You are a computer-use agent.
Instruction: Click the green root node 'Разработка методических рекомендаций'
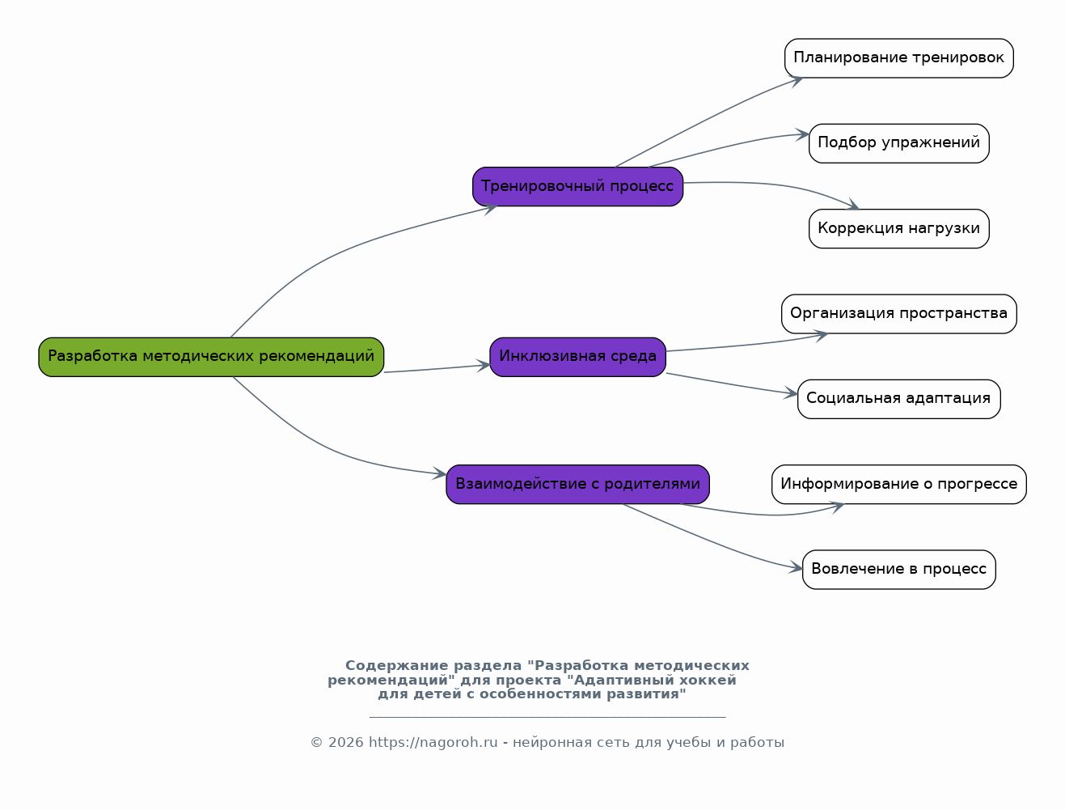[211, 357]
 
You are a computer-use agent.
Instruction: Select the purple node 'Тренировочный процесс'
[577, 187]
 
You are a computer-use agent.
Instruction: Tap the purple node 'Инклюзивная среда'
[577, 357]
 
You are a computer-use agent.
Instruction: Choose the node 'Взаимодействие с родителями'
[577, 485]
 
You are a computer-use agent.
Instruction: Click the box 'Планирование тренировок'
[898, 58]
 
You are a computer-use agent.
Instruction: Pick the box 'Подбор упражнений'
[898, 143]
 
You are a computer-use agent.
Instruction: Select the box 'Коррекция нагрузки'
[898, 229]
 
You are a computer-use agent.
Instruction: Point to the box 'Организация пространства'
[898, 314]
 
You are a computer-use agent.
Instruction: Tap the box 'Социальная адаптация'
[898, 399]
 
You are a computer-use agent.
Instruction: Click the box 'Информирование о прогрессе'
[898, 485]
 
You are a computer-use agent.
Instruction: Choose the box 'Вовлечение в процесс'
[898, 570]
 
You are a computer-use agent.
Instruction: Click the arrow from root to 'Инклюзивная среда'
[437, 369]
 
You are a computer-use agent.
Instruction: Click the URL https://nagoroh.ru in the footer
[433, 743]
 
